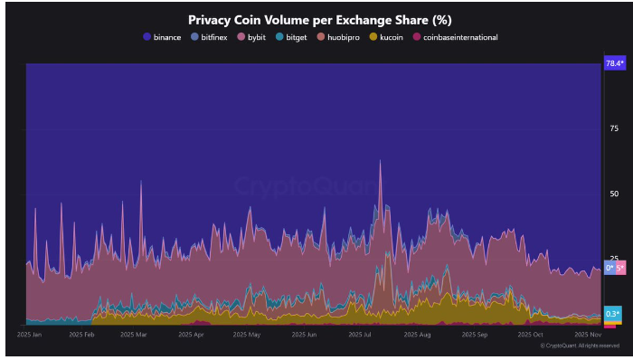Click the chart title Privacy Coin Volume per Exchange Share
click(320, 19)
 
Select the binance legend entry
click(162, 37)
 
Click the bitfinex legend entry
click(213, 37)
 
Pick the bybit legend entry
click(257, 37)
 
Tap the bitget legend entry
click(295, 37)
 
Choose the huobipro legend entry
click(342, 37)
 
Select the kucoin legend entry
click(390, 37)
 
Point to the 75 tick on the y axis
click(613, 129)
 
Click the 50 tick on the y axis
click(613, 194)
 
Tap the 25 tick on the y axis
click(613, 260)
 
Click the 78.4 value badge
click(613, 63)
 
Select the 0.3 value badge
click(612, 314)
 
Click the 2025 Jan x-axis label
click(30, 335)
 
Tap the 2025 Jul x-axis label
click(361, 335)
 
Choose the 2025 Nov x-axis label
click(588, 335)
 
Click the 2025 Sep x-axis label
click(475, 335)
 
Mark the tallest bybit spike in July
click(380, 162)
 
